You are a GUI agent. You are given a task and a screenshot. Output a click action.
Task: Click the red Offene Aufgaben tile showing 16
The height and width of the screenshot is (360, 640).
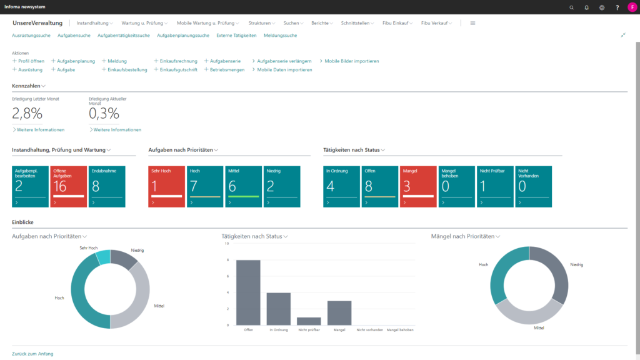[x=69, y=186]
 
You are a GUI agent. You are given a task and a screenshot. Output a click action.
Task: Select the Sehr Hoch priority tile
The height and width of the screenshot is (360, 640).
[x=166, y=186]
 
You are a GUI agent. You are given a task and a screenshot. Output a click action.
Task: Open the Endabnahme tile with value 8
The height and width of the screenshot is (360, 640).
[x=107, y=186]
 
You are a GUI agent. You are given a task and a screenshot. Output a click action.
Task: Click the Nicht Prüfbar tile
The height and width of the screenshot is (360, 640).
[x=495, y=186]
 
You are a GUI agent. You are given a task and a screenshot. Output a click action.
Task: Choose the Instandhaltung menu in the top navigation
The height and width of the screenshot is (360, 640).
[x=94, y=23]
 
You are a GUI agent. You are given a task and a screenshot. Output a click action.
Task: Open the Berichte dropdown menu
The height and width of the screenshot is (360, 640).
[x=322, y=23]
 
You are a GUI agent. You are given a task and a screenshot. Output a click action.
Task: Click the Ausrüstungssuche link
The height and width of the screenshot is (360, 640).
[x=31, y=36]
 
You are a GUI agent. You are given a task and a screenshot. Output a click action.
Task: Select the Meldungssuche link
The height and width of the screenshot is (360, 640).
[x=280, y=36]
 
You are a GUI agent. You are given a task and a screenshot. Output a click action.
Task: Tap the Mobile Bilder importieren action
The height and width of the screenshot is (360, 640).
[x=351, y=61]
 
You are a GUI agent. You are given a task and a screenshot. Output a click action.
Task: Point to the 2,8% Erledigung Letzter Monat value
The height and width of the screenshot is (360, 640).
[x=27, y=113]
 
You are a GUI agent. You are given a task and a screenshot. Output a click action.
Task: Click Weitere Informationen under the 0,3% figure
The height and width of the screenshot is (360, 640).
[x=117, y=130]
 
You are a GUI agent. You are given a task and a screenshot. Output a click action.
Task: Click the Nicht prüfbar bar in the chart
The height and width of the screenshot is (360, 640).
[x=309, y=321]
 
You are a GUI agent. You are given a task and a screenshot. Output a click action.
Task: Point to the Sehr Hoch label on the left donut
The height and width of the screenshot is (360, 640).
[x=88, y=248]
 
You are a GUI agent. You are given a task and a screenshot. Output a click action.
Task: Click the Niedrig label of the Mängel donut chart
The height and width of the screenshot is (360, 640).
[x=576, y=265]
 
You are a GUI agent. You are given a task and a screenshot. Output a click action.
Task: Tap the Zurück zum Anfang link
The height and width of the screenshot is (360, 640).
[x=32, y=354]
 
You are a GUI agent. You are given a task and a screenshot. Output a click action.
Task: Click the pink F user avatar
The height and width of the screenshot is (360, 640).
[x=632, y=7]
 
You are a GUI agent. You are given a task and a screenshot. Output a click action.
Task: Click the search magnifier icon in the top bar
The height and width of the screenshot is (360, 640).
[x=571, y=7]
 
